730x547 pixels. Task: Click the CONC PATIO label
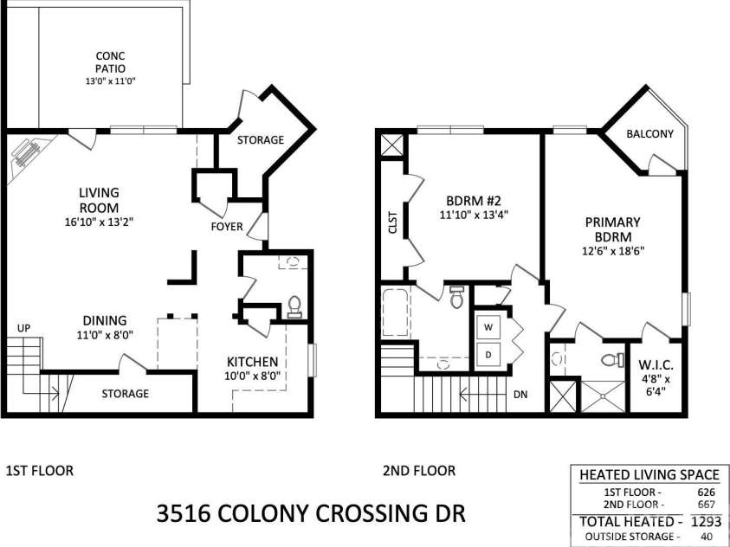coord(110,62)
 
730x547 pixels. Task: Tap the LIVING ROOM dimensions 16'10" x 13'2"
coord(100,222)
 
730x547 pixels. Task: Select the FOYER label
coord(227,227)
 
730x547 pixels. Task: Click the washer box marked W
coord(488,327)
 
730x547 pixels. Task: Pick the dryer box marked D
coord(488,355)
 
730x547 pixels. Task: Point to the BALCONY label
coord(650,134)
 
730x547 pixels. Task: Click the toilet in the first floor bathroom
coord(294,306)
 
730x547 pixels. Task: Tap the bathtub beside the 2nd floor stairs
coord(396,312)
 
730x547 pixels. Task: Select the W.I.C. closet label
coord(656,364)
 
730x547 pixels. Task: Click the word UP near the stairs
coord(23,328)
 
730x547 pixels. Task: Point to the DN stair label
coord(520,395)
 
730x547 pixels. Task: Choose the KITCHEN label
coord(252,362)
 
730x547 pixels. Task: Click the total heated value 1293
coord(707,521)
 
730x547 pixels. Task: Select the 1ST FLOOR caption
coord(40,471)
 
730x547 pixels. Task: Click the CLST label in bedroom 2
coord(392,222)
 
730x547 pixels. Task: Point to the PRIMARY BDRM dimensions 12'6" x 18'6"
coord(613,251)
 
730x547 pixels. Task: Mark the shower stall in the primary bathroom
coord(603,396)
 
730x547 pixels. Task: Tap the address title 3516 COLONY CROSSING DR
coord(311,513)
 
